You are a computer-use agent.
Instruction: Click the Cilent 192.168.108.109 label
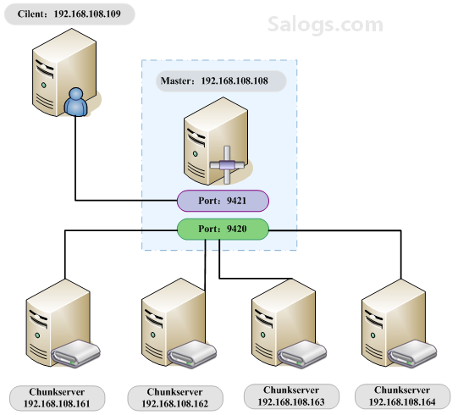click(69, 14)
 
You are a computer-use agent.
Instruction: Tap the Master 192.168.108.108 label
click(221, 81)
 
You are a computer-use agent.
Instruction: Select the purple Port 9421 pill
click(223, 201)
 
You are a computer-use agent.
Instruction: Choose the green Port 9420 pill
click(223, 229)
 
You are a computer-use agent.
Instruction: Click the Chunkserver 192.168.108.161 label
click(58, 398)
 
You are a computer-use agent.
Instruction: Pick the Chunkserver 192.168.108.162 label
click(175, 398)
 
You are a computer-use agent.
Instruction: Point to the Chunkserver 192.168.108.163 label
click(291, 396)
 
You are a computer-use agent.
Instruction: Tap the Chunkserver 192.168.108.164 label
click(402, 396)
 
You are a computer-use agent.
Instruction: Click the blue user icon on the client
click(76, 102)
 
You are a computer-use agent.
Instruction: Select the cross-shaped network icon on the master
click(227, 165)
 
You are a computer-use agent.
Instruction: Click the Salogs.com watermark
click(325, 25)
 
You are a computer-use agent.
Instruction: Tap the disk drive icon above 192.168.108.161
click(76, 353)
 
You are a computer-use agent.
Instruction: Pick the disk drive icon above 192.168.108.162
click(192, 354)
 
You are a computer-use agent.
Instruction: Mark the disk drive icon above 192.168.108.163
click(302, 354)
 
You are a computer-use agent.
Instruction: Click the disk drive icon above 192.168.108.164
click(412, 354)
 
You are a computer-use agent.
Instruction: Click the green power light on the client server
click(44, 85)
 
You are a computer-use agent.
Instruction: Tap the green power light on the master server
click(195, 154)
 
